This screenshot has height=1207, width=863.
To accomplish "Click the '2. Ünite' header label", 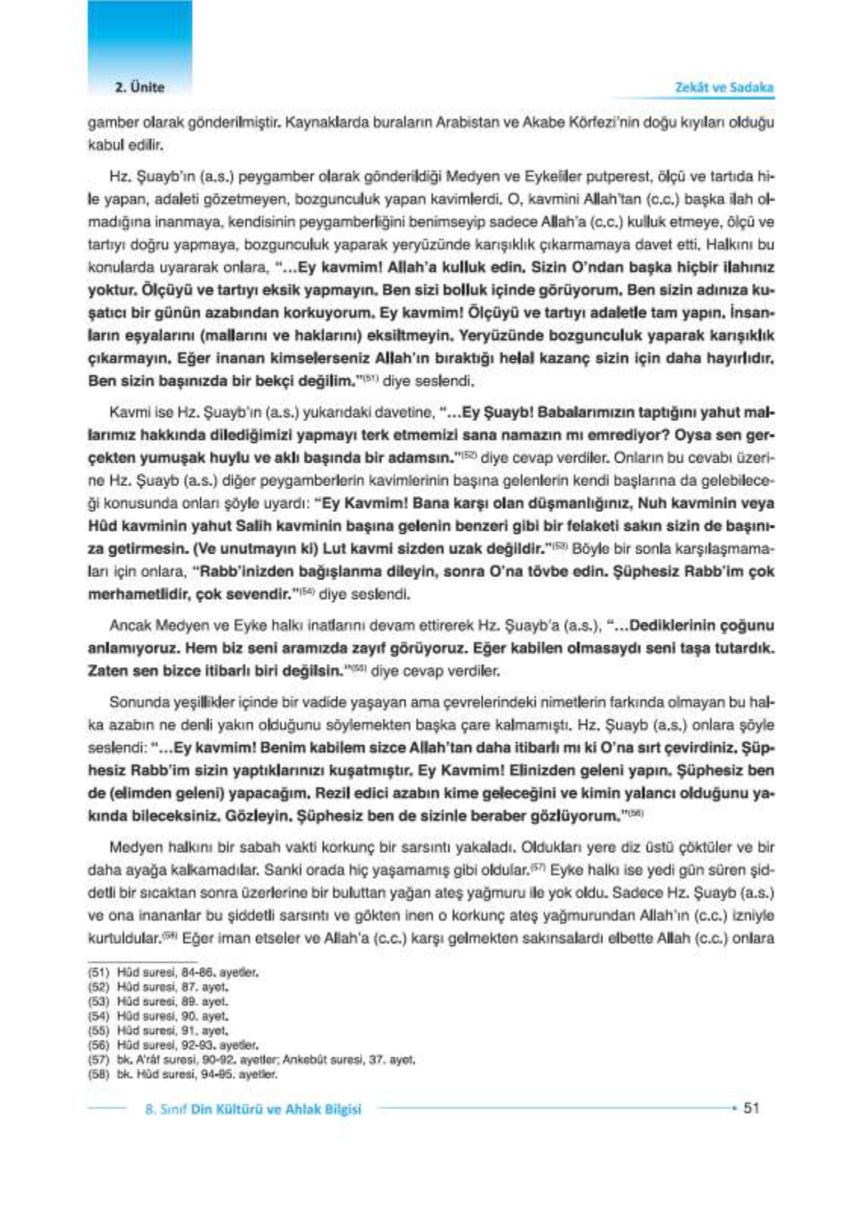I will coord(139,87).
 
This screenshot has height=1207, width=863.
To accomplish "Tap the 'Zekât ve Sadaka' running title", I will coord(724,87).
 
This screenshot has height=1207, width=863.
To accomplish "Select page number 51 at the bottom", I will coord(751,1108).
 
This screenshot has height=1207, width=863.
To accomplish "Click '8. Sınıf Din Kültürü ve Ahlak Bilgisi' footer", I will coord(253,1109).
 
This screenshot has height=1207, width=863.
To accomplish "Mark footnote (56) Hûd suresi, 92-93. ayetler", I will coord(173,1045).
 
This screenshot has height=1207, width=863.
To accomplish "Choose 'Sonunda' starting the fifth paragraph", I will coord(133,702).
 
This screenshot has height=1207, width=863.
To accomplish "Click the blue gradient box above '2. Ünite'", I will coord(139,38).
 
